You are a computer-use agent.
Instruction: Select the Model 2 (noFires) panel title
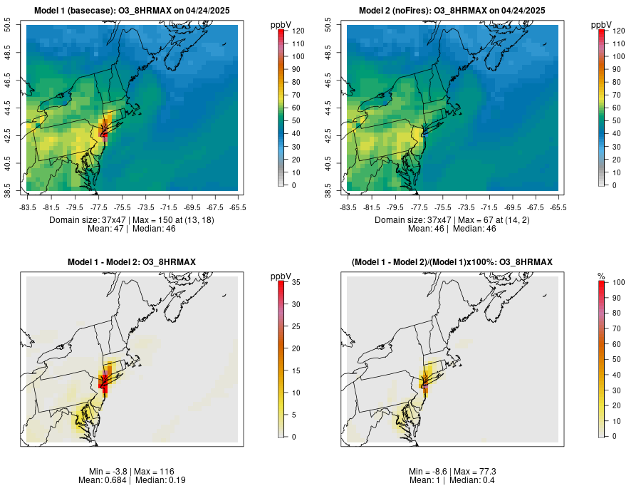coord(452,10)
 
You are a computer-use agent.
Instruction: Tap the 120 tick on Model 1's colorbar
coord(298,31)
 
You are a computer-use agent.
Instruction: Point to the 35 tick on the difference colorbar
coord(296,281)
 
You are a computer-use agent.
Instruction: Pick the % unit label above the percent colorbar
coord(601,276)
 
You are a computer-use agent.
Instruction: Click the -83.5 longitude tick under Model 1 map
coord(28,207)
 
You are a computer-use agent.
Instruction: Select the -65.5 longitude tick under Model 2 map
coord(558,207)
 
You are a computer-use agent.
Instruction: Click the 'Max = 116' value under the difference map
coord(152,472)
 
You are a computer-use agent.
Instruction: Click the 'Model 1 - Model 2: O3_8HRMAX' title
coord(131,262)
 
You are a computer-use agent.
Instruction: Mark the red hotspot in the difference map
coord(103,381)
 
